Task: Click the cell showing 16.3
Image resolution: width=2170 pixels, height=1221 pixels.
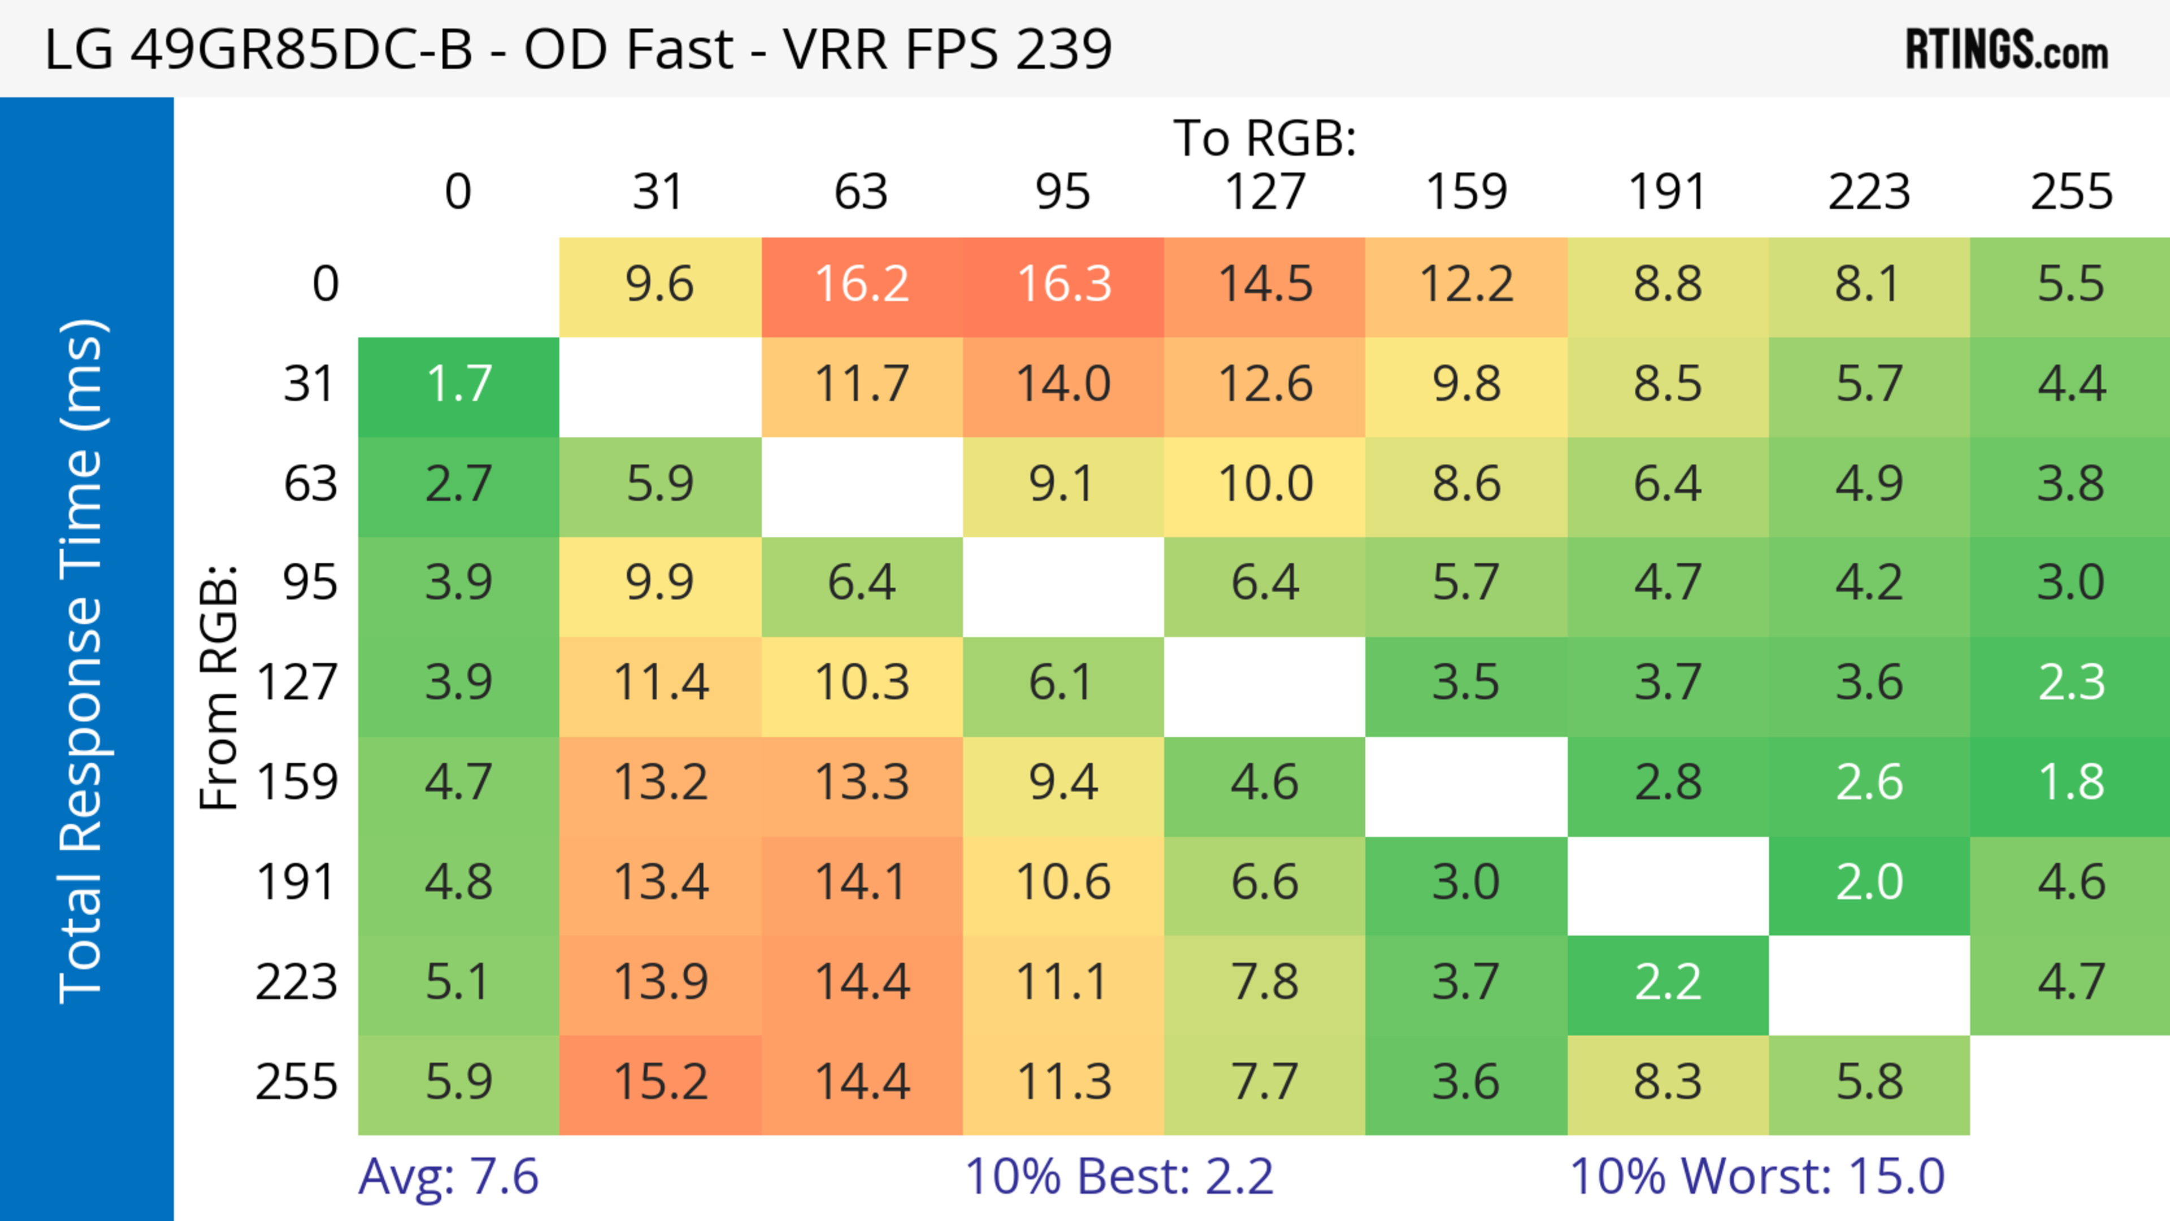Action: point(1063,285)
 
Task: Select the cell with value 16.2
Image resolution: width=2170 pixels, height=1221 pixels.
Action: point(862,285)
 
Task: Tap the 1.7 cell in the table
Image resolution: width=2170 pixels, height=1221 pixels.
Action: point(458,385)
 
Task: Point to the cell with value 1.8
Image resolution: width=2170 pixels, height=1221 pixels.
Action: point(2071,783)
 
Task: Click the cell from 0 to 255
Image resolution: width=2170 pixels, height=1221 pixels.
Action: point(2071,285)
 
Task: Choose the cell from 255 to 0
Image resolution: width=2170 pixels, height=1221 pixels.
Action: point(458,1082)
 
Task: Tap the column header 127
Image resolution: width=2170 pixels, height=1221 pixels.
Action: point(1265,192)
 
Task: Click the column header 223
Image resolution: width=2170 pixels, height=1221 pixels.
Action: point(1868,192)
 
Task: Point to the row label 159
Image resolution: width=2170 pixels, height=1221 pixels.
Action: point(297,783)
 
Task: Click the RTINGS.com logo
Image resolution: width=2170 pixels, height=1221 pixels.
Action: point(2007,50)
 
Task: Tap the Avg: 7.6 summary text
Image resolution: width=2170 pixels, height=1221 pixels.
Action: point(448,1176)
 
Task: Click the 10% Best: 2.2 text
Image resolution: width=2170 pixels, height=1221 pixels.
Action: point(1119,1176)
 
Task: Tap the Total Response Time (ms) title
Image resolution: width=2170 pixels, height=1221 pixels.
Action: point(83,661)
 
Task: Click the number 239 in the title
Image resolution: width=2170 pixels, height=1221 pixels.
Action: point(1064,49)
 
